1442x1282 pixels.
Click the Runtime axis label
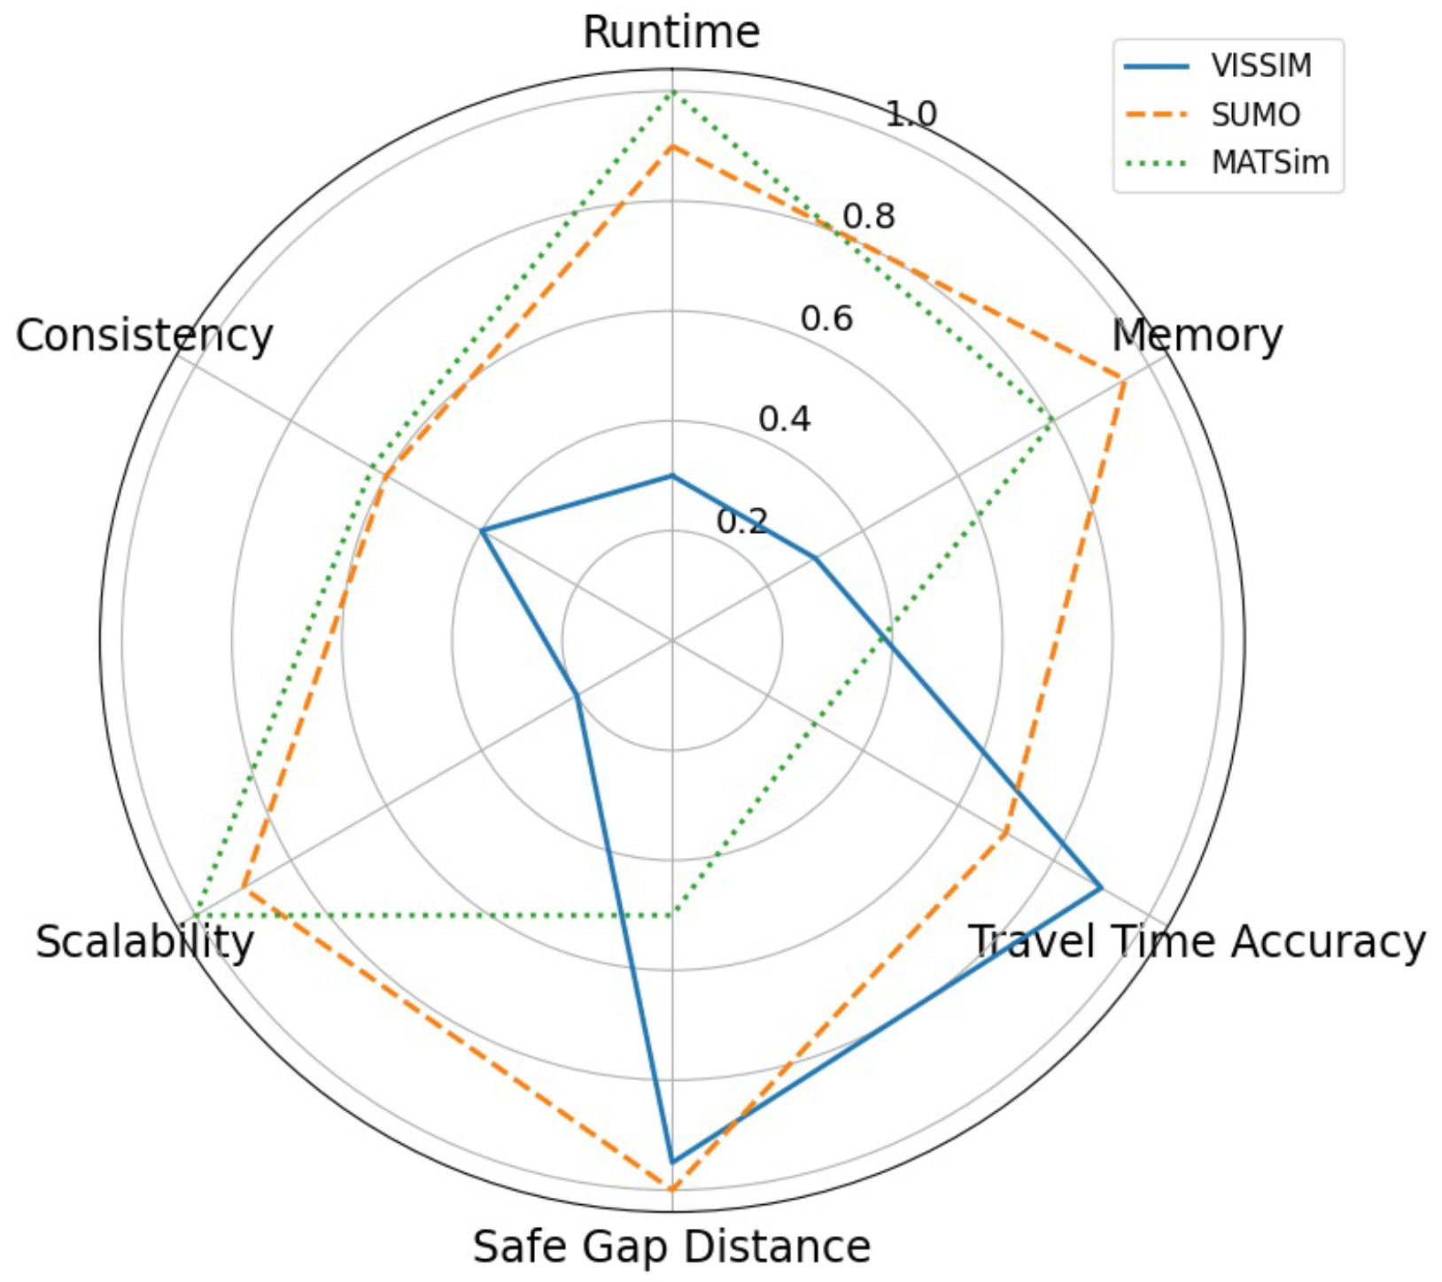point(671,33)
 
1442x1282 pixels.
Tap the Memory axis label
point(1197,336)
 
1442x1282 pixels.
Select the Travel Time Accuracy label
point(1197,941)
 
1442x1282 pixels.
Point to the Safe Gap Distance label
point(671,1247)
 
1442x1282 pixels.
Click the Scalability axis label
point(144,941)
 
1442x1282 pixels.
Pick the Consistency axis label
point(144,336)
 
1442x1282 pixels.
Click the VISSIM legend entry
point(1261,66)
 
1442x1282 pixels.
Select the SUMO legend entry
point(1256,115)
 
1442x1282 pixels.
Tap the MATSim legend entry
point(1270,163)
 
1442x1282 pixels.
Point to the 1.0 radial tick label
point(911,114)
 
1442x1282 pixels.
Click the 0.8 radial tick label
point(869,216)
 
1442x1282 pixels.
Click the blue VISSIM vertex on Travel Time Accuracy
point(1100,886)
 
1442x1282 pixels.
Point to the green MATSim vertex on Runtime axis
point(672,91)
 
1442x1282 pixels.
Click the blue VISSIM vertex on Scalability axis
point(577,695)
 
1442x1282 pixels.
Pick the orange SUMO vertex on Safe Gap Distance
point(672,1189)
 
